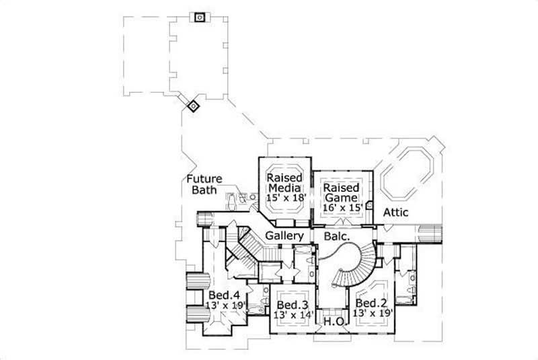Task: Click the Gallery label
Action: (x=286, y=237)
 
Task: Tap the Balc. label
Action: (x=336, y=237)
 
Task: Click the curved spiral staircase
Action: (x=355, y=262)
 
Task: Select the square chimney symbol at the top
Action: (x=200, y=17)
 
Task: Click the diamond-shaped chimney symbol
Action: (x=193, y=105)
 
